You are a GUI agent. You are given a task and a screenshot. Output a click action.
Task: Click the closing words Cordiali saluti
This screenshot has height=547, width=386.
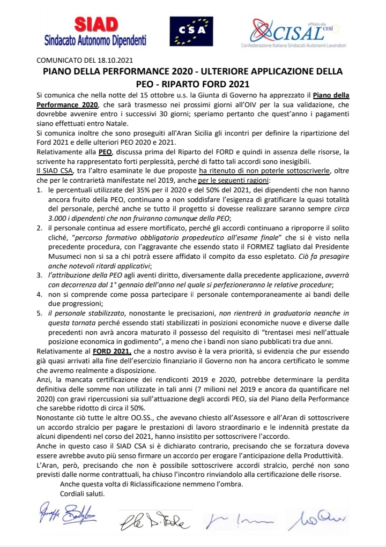click(x=83, y=493)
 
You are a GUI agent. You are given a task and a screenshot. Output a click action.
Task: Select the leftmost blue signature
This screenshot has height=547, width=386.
click(x=65, y=516)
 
